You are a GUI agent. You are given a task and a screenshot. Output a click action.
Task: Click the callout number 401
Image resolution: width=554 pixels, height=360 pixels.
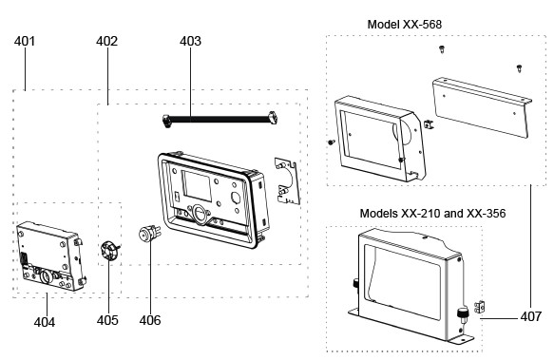point(25,41)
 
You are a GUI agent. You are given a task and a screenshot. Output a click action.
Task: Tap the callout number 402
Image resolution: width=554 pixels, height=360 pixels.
point(106,41)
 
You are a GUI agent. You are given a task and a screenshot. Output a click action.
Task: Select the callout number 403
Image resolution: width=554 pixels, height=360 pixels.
point(190,41)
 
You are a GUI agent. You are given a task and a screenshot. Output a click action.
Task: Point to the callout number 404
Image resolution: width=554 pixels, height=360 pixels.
point(45,322)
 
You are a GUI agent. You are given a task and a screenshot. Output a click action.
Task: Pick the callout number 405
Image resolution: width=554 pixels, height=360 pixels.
point(107,320)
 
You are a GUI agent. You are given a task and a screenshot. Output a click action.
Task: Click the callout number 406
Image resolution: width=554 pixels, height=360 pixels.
point(150,320)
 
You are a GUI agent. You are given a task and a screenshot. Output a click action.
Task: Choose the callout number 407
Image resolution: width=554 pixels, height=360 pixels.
point(530,316)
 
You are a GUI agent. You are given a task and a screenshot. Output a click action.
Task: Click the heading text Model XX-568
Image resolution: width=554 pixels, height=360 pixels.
point(405,25)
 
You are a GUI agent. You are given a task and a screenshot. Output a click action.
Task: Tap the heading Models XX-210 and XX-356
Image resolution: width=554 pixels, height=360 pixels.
point(432,214)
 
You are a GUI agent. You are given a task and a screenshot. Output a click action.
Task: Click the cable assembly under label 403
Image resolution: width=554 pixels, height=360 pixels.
point(220,120)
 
